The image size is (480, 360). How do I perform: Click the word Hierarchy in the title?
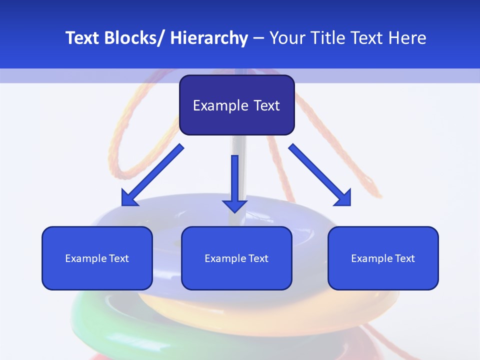pyautogui.click(x=209, y=38)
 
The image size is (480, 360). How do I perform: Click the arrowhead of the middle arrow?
pyautogui.click(x=234, y=205)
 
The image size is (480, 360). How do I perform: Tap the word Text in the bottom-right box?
pyautogui.click(x=405, y=258)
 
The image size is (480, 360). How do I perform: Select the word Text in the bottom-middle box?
pyautogui.click(x=259, y=258)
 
